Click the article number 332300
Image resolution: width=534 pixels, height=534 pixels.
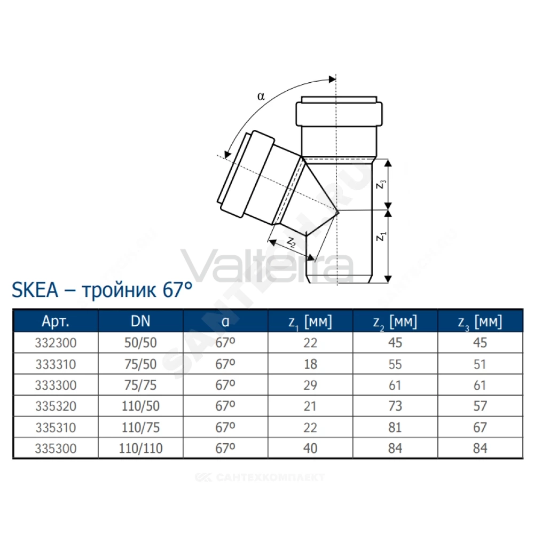pos(56,343)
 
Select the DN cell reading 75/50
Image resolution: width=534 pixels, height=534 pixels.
pos(140,364)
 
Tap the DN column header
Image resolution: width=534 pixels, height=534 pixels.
pos(140,321)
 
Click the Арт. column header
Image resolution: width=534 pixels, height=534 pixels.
pos(56,321)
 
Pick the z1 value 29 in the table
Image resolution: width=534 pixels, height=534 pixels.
pos(310,385)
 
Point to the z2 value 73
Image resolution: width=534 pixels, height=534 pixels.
pos(395,406)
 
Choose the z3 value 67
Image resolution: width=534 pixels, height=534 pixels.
pos(480,427)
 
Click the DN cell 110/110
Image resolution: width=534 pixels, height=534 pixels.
pos(140,449)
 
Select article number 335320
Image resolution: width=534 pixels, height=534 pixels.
pos(56,406)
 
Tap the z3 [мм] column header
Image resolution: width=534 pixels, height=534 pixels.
pos(480,322)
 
